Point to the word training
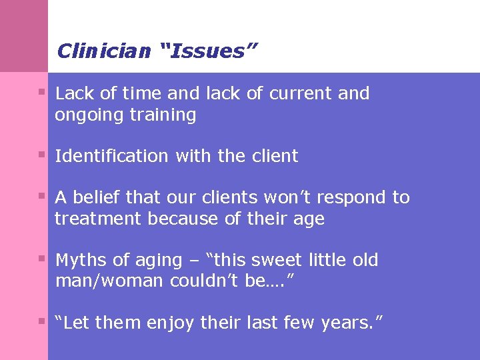[x=163, y=115]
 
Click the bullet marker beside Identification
[x=41, y=155]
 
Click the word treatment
[x=98, y=219]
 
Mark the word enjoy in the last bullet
[x=169, y=323]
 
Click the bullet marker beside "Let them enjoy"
[x=41, y=321]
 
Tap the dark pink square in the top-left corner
[x=24, y=36]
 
